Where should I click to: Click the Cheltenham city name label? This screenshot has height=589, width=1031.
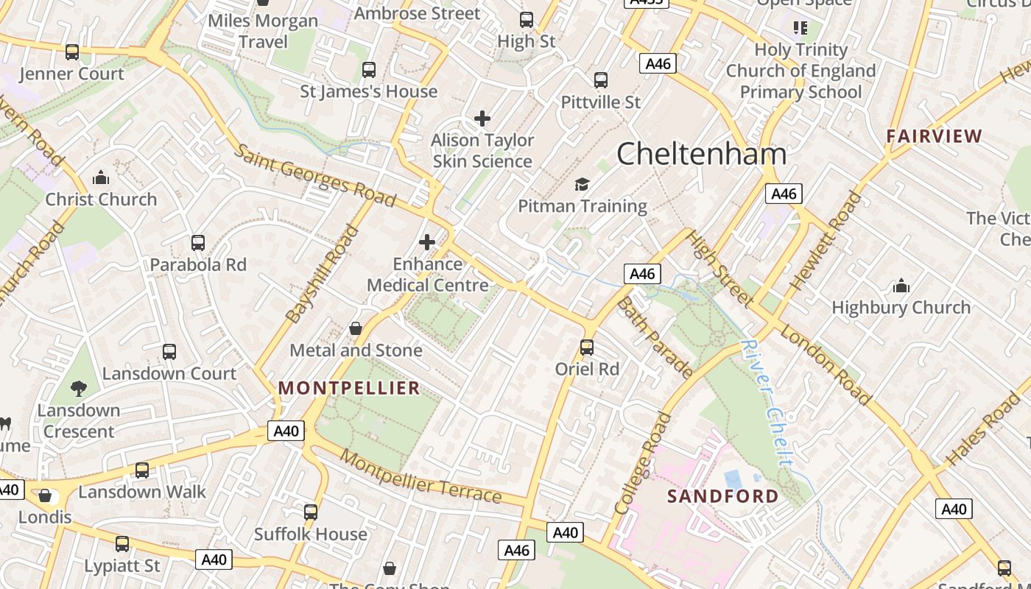701,154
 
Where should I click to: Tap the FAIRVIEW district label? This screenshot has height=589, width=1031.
934,136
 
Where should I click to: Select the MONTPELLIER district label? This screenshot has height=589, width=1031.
348,388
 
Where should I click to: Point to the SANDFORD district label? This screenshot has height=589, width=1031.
722,496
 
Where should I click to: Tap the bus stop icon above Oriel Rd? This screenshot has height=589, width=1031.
587,347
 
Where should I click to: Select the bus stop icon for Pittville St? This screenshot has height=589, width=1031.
601,80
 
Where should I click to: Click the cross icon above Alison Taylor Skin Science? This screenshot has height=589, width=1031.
482,118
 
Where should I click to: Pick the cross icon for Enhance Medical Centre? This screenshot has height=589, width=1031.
427,241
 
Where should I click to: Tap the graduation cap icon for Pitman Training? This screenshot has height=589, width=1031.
582,184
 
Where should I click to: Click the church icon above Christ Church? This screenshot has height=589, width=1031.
101,177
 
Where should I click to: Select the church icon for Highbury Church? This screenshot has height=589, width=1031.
901,286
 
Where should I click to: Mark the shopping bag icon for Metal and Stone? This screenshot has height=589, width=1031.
356,328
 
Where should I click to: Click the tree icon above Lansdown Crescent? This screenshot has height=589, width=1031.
79,388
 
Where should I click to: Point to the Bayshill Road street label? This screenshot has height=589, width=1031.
322,275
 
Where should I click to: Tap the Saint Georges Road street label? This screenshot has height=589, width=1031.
315,175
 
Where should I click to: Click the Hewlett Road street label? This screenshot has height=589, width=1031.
824,240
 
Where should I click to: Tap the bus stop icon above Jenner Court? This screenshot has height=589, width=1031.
72,52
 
